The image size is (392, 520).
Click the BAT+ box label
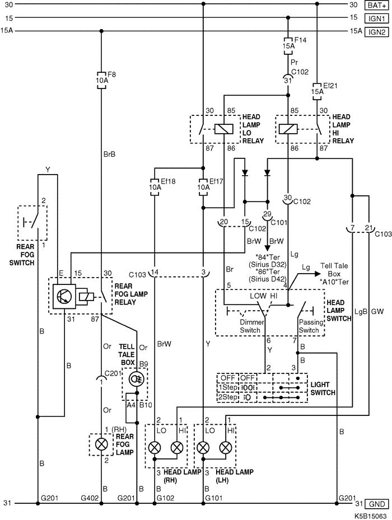pyautogui.click(x=376, y=5)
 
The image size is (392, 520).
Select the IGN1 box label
pyautogui.click(x=376, y=18)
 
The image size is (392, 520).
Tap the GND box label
pyautogui.click(x=377, y=503)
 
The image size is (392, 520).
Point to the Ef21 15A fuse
pyautogui.click(x=317, y=87)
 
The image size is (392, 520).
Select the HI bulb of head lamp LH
pyautogui.click(x=226, y=447)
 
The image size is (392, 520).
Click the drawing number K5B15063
pyautogui.click(x=370, y=514)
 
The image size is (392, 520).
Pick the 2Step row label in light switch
pyautogui.click(x=227, y=397)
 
